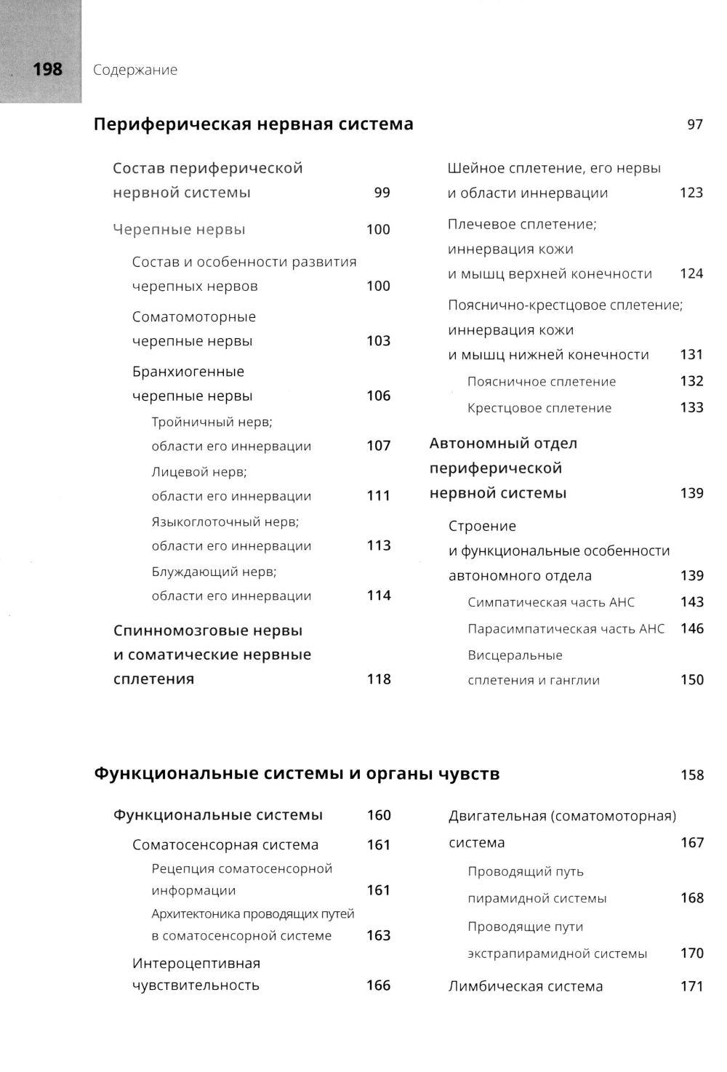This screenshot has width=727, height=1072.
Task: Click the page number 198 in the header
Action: [47, 70]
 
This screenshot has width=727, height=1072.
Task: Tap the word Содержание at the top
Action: [135, 70]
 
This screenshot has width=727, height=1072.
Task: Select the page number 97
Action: [695, 124]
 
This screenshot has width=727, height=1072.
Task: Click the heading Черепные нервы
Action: [179, 230]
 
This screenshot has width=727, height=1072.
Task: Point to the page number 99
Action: [382, 193]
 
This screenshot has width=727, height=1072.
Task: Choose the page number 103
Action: [378, 341]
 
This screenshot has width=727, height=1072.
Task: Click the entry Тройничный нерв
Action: [212, 422]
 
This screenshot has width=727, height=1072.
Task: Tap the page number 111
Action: [378, 496]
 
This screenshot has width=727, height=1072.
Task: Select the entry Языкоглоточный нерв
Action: [225, 521]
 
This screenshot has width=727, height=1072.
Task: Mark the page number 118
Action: [379, 679]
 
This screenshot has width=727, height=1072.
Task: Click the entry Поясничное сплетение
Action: [542, 382]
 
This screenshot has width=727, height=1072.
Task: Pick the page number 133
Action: [691, 408]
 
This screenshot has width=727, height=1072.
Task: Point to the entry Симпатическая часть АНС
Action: [551, 602]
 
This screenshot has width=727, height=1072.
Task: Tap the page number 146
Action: [691, 628]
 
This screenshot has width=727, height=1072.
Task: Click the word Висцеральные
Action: [515, 655]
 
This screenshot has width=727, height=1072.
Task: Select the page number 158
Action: [692, 775]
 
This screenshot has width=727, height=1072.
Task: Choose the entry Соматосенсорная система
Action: [225, 845]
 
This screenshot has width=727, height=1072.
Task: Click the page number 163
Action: [378, 936]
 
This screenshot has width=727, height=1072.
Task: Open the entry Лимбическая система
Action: [526, 987]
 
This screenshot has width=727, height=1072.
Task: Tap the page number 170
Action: [691, 953]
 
